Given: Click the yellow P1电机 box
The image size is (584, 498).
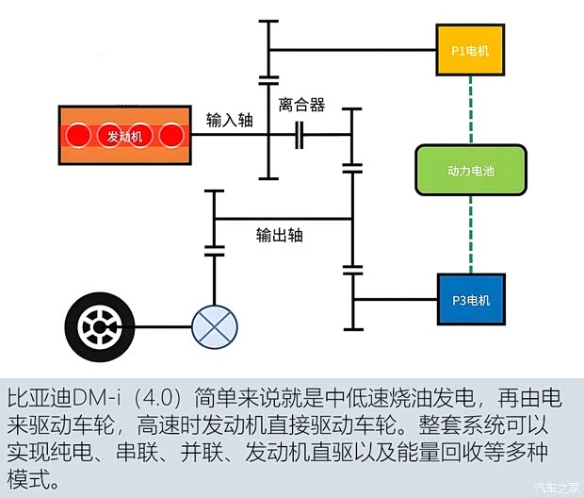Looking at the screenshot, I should [x=470, y=48].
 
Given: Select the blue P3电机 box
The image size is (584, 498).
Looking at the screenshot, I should [x=471, y=301].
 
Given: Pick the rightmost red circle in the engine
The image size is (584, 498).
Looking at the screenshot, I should [x=170, y=137].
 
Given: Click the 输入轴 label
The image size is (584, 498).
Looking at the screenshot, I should [x=229, y=120].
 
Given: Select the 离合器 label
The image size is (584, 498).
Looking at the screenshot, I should [x=301, y=104].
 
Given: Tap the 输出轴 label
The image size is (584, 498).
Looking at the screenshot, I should [x=280, y=236].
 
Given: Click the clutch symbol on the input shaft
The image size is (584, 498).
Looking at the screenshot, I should [x=300, y=135].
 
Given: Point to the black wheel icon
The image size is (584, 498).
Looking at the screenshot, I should [x=99, y=328].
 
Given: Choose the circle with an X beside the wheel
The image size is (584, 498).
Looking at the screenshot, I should [x=215, y=329].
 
